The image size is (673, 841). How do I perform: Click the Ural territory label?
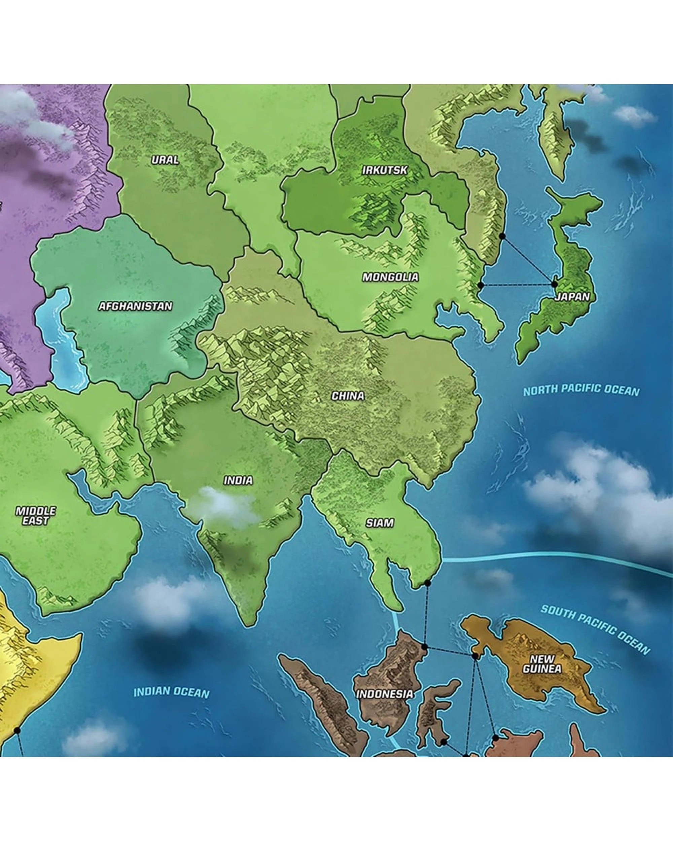(165, 159)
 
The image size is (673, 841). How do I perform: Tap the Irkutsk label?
(385, 170)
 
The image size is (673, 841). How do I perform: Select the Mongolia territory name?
(390, 277)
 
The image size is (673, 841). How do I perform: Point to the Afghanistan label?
(135, 306)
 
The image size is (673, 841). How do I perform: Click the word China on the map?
(348, 396)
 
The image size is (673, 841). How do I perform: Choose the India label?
(238, 480)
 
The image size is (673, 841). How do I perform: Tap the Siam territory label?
(380, 523)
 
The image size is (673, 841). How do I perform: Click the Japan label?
(572, 297)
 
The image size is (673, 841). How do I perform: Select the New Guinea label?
(542, 664)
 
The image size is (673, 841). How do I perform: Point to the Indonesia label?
(385, 694)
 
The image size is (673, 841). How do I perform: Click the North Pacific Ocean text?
(581, 391)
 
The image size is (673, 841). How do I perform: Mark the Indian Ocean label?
(171, 692)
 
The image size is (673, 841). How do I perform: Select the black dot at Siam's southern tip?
(428, 583)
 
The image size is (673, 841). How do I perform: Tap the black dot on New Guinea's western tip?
(475, 656)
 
